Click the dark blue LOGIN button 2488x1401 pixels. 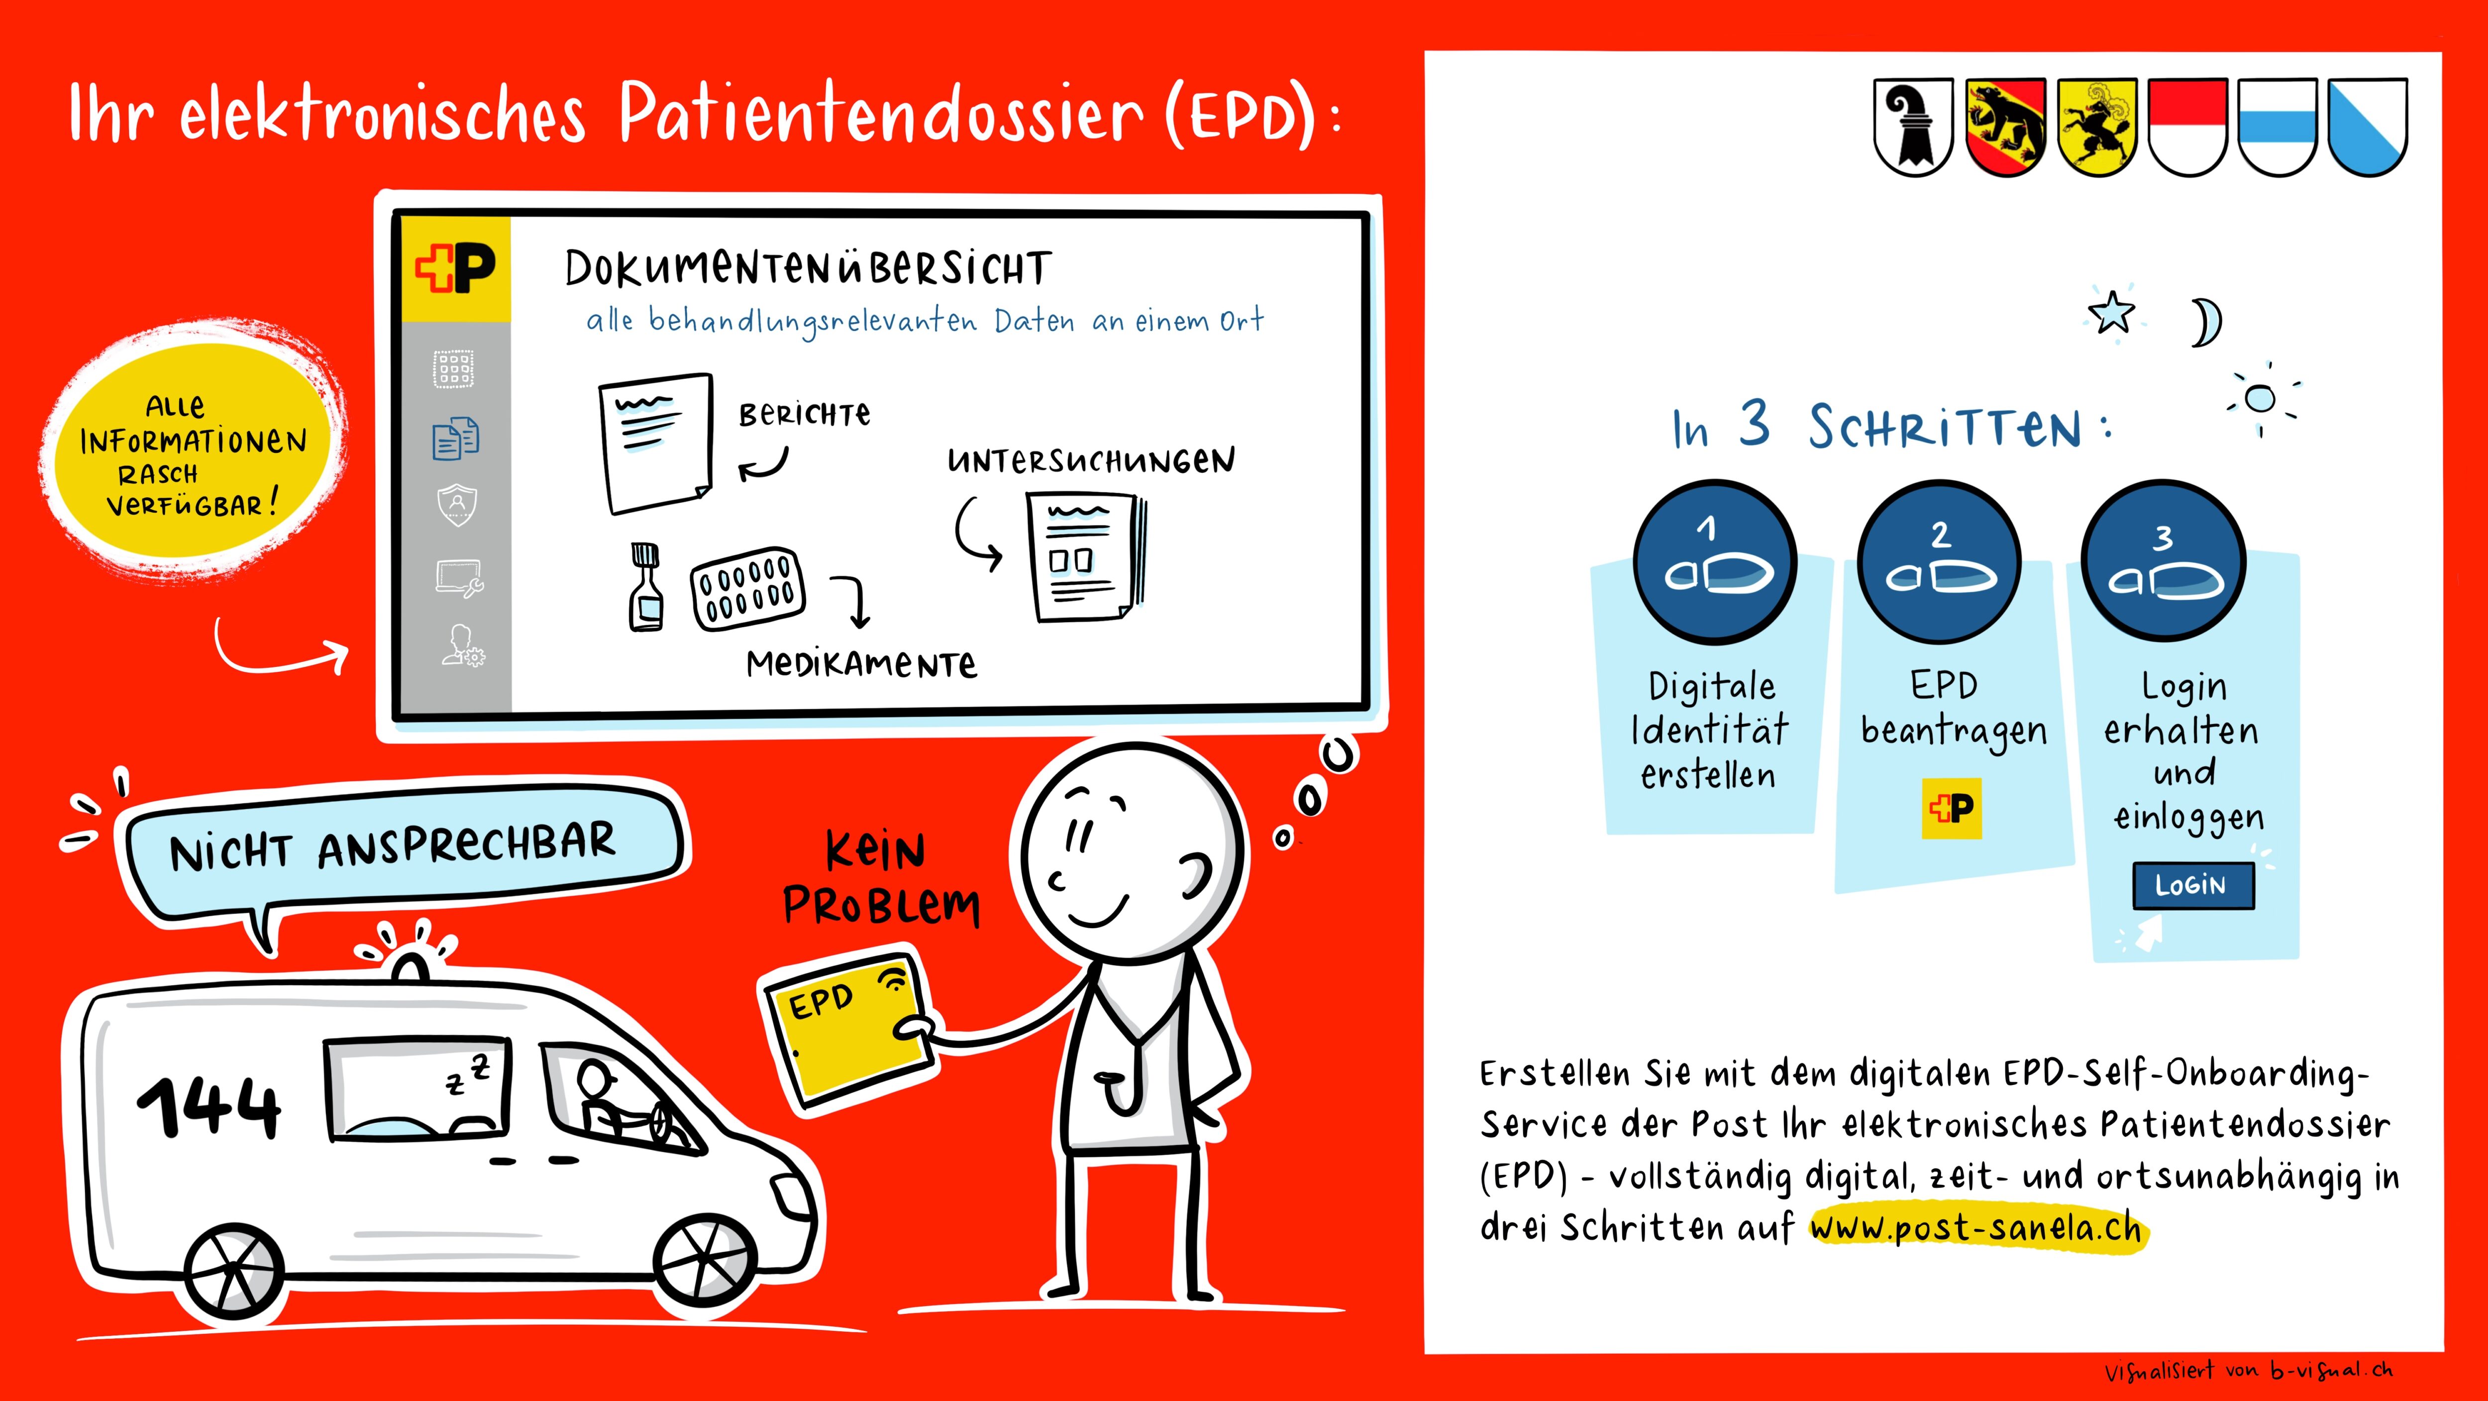[x=2193, y=885]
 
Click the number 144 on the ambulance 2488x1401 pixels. [x=209, y=1106]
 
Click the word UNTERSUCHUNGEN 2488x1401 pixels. [x=1090, y=461]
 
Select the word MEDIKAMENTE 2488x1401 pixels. [x=861, y=664]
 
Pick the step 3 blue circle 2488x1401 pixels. [x=2164, y=562]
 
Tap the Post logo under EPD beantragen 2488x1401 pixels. [x=1952, y=808]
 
